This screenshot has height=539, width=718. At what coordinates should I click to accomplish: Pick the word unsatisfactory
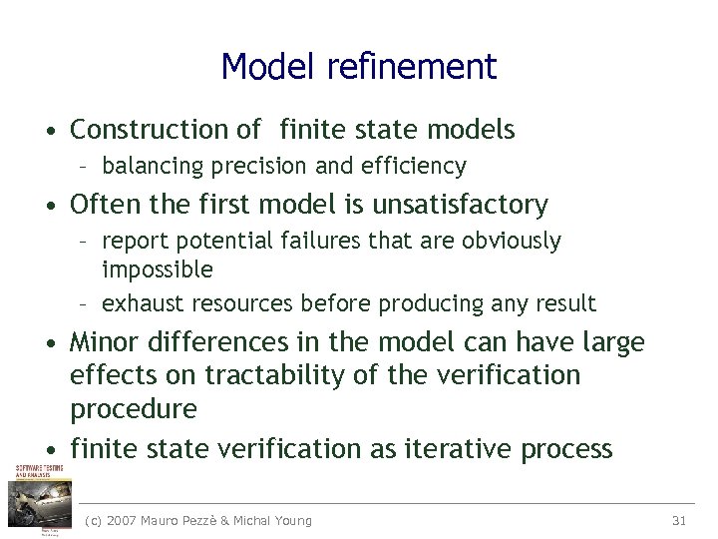460,205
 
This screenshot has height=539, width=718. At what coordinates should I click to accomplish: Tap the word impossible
158,269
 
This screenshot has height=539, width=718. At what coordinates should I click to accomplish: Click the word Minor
105,342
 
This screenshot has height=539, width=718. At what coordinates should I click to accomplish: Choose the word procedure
134,409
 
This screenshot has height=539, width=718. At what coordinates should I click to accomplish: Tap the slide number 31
680,520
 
